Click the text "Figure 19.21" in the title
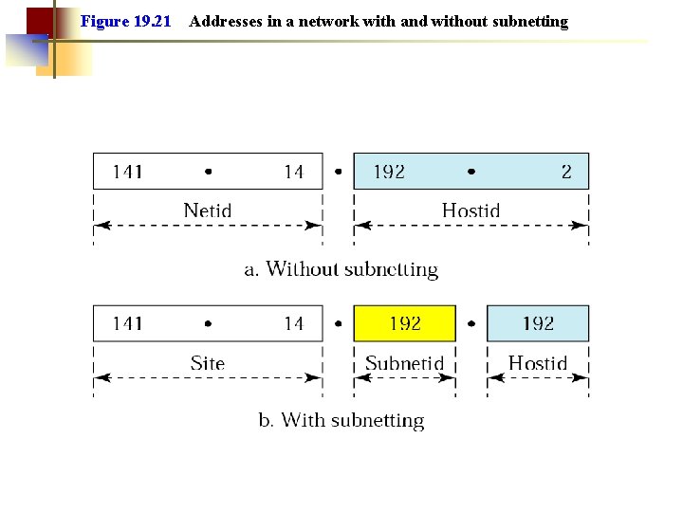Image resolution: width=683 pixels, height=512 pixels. [126, 21]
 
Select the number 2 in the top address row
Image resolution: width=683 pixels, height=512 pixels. [566, 172]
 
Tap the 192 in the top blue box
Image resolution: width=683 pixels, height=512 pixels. [389, 172]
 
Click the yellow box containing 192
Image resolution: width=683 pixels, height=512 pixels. [405, 323]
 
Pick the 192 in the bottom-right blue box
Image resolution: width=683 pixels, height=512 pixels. [538, 323]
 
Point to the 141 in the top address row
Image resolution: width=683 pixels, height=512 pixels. [128, 172]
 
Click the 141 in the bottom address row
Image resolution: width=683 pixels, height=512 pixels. [128, 323]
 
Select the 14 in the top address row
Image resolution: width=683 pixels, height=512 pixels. [293, 172]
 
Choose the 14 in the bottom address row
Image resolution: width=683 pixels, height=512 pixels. [293, 323]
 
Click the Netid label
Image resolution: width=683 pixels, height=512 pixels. [208, 210]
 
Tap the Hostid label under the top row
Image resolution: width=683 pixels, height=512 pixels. [471, 210]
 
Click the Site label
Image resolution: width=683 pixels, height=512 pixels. [208, 362]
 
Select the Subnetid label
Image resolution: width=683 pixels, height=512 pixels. [405, 362]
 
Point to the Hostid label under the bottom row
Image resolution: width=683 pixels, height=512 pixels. [538, 362]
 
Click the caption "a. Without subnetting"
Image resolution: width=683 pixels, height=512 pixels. [341, 269]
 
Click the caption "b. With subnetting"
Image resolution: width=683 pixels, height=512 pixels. [341, 420]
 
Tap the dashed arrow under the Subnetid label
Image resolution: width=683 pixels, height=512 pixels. [405, 377]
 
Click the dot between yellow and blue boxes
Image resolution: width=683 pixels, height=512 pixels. [471, 323]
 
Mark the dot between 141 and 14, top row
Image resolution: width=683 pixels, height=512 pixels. [208, 172]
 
